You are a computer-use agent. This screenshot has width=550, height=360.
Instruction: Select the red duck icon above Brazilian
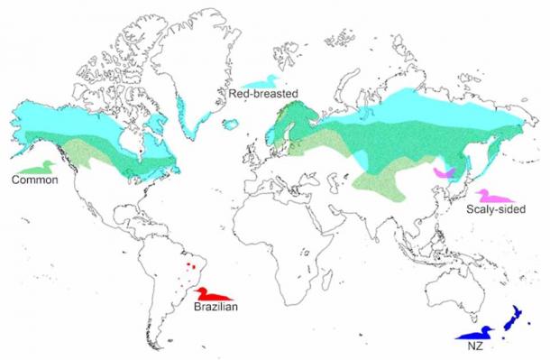(215, 294)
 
